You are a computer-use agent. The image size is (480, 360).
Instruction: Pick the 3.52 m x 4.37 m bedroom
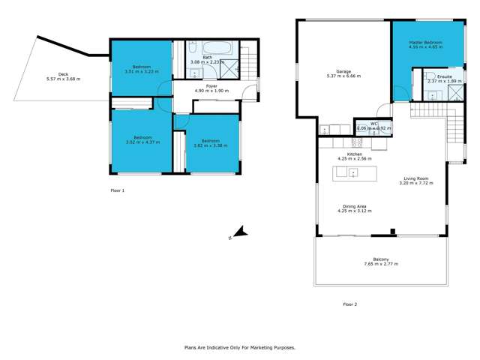pyautogui.click(x=142, y=140)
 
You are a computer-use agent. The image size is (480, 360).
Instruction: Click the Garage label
pyautogui.click(x=344, y=72)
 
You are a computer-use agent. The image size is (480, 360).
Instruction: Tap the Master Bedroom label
pyautogui.click(x=426, y=43)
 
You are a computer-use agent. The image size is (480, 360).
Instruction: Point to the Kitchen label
pyautogui.click(x=345, y=154)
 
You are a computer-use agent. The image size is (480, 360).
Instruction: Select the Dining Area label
pyautogui.click(x=355, y=206)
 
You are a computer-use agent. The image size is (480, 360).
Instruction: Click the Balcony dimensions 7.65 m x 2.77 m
pyautogui.click(x=380, y=264)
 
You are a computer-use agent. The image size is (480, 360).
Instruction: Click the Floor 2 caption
pyautogui.click(x=349, y=304)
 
